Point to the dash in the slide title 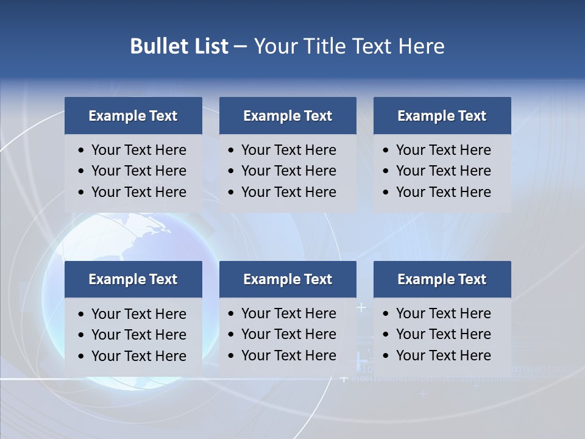[x=240, y=46]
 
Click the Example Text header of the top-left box [x=133, y=116]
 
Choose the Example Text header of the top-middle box [x=288, y=116]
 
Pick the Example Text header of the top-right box [x=442, y=116]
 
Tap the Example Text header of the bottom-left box [x=133, y=279]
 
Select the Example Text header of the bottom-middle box [x=288, y=279]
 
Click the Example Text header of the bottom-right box [x=442, y=279]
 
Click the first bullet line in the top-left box [x=138, y=150]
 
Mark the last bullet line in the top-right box [x=443, y=192]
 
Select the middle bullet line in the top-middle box [x=288, y=171]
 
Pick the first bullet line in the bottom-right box [x=443, y=313]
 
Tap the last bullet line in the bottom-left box [x=138, y=356]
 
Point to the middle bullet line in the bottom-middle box [x=288, y=334]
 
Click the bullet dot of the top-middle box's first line [x=232, y=151]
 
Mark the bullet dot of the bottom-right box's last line [x=386, y=356]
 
